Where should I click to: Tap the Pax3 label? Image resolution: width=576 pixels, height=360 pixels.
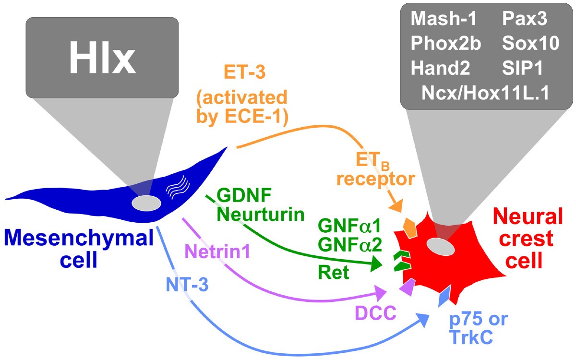pos(523,20)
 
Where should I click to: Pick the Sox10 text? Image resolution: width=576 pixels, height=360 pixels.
pos(530,44)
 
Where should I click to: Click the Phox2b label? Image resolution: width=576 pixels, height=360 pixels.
pos(445,44)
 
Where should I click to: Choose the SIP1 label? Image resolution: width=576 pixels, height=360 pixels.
pos(522,68)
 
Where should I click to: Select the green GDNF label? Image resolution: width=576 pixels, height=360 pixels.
pos(244,195)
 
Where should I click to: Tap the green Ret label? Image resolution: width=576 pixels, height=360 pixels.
pos(333,273)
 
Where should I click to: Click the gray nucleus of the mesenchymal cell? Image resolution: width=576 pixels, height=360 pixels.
pos(146,203)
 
